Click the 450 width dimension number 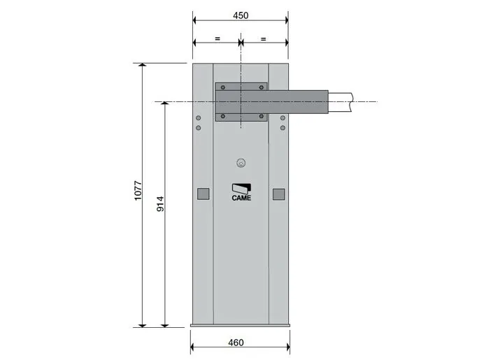(241, 15)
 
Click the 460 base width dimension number (236, 343)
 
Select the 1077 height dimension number (138, 191)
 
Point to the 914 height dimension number (160, 204)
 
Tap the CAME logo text (241, 198)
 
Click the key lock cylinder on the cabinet (241, 164)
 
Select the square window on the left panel (203, 194)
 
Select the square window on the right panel (278, 194)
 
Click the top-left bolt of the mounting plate (223, 87)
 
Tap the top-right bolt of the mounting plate (262, 87)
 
